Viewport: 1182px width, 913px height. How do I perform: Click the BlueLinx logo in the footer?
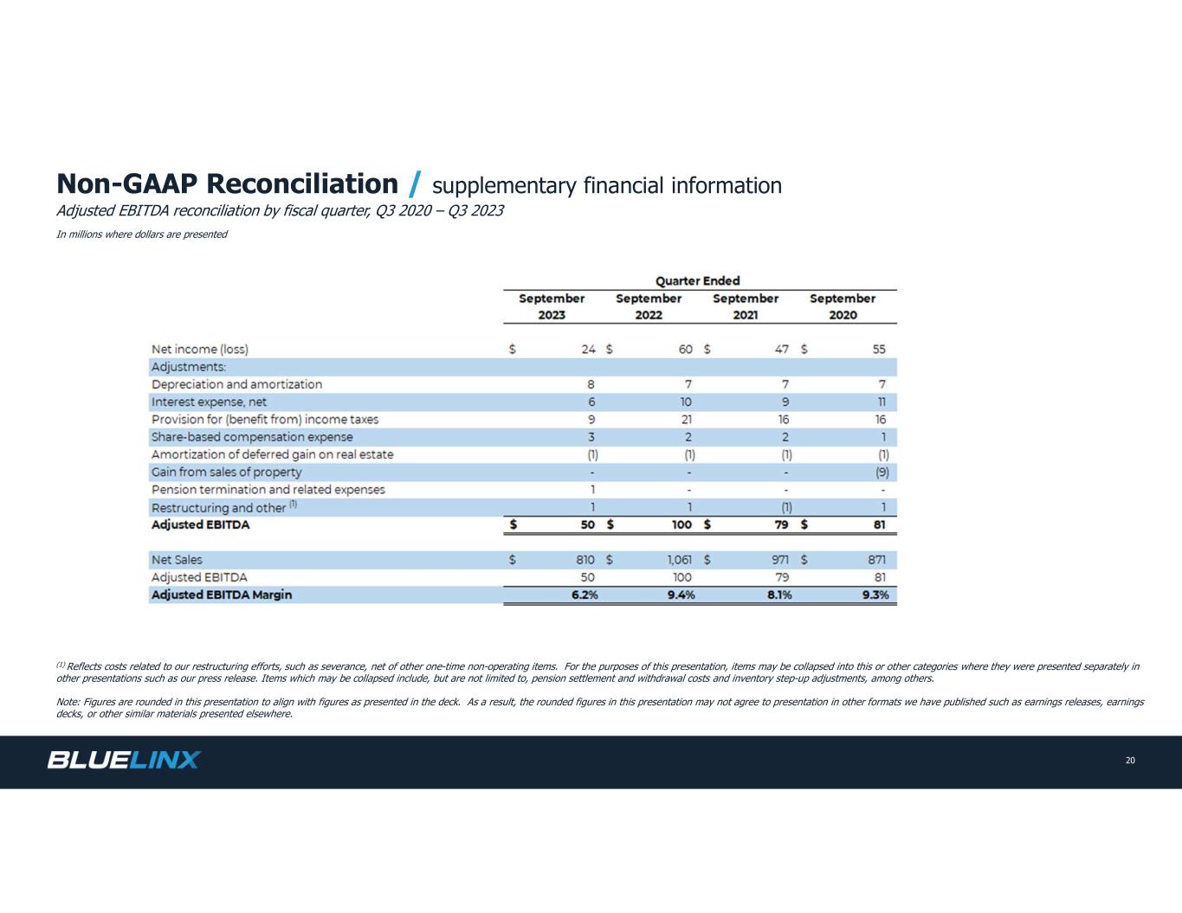click(124, 760)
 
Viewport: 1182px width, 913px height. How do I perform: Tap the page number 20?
click(1130, 761)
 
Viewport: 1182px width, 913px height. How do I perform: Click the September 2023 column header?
click(552, 306)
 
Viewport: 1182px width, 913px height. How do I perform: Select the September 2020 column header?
click(843, 306)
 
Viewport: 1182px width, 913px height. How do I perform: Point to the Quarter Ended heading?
click(697, 280)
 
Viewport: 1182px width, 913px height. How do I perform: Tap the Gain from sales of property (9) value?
click(883, 473)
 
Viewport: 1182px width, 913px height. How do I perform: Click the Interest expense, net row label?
click(209, 402)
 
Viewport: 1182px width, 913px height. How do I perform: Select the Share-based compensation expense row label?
click(252, 437)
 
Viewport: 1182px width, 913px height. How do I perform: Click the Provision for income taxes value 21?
click(686, 420)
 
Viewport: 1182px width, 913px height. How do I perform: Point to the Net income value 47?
click(781, 350)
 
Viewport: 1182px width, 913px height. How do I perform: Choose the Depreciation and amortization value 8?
click(591, 384)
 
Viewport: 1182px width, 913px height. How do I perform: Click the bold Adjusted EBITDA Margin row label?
click(222, 595)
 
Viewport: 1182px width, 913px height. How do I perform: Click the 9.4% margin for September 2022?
click(681, 595)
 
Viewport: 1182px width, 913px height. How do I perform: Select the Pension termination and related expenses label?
click(268, 490)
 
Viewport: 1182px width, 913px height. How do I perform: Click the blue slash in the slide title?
click(415, 184)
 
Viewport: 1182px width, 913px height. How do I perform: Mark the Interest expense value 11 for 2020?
click(880, 402)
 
